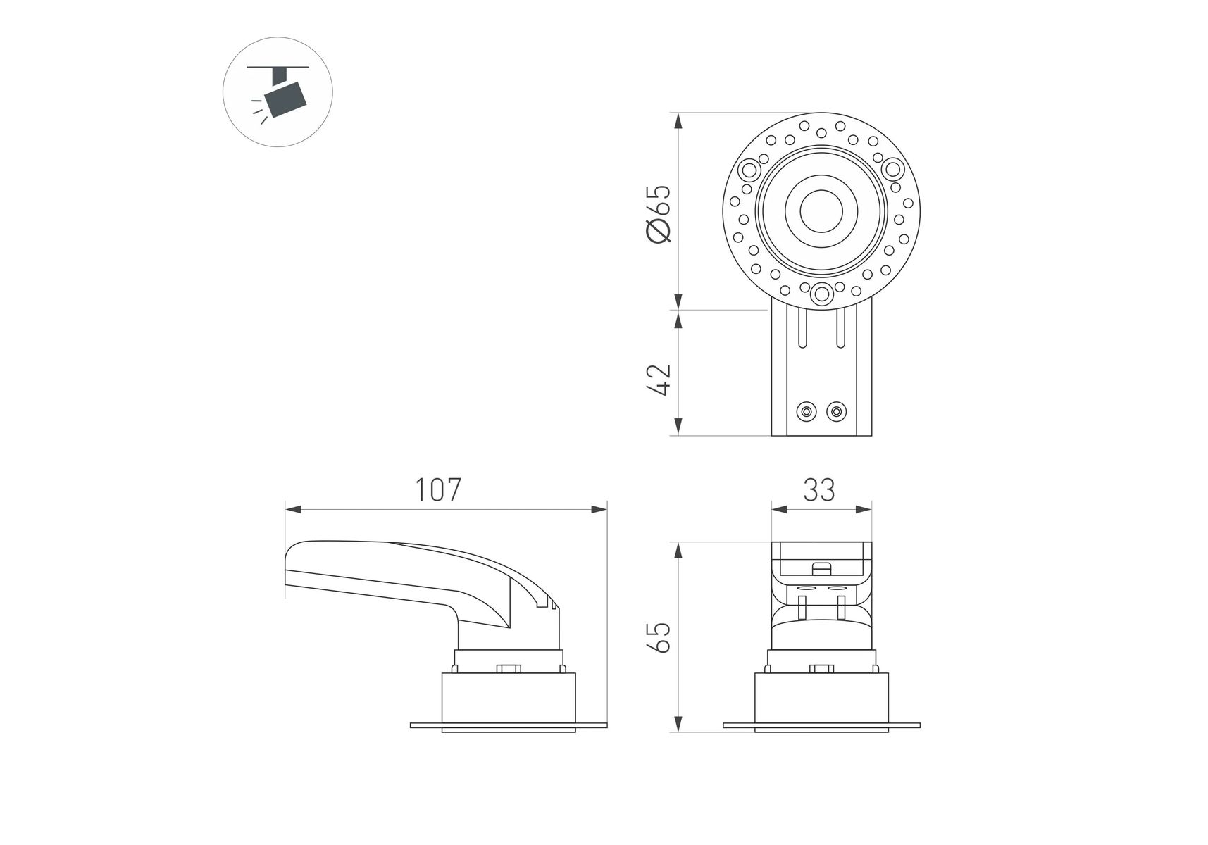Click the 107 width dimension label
tap(437, 490)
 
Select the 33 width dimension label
tap(819, 490)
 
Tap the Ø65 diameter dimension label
tap(659, 214)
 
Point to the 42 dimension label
tap(659, 380)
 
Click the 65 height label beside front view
tap(659, 637)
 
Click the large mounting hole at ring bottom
tap(821, 294)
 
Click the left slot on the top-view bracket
tap(802, 329)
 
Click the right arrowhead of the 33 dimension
tap(863, 509)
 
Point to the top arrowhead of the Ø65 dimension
tap(678, 121)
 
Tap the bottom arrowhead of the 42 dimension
tap(678, 427)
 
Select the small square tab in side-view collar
tap(508, 669)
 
